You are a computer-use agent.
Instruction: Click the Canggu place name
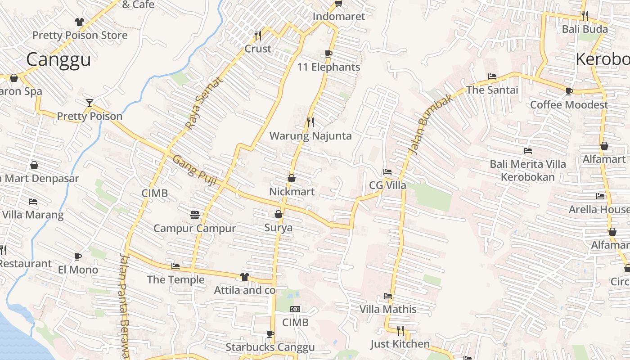coord(58,59)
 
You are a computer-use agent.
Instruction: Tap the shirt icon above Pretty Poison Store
coord(80,22)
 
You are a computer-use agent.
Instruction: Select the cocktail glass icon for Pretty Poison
coord(90,103)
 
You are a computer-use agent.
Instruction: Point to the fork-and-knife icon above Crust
coord(258,35)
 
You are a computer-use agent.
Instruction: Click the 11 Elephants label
coord(328,67)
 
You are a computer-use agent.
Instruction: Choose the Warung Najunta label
coord(310,135)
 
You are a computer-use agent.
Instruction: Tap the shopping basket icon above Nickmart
coord(292,178)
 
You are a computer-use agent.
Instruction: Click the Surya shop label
coord(278,227)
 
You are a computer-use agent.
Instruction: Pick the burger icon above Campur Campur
coord(195,215)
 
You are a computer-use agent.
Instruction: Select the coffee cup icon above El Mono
coord(78,256)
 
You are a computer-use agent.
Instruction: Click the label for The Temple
coord(175,279)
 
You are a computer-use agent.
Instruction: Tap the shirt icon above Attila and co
coord(244,276)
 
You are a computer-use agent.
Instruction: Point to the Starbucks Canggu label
coord(270,347)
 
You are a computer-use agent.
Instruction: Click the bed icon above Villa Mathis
coord(388,296)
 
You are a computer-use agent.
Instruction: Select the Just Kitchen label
coord(400,344)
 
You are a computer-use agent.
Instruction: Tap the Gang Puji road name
coord(195,171)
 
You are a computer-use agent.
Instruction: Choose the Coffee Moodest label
coord(569,105)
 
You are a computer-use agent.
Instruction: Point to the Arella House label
coord(598,209)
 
